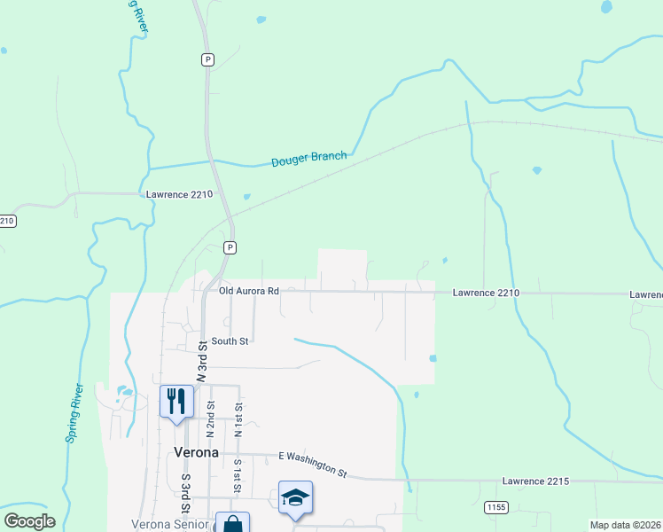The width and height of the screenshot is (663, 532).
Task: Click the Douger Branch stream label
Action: pyautogui.click(x=308, y=159)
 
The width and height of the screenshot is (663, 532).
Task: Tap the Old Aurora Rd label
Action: pyautogui.click(x=249, y=291)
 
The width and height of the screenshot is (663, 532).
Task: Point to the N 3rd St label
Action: pyautogui.click(x=202, y=361)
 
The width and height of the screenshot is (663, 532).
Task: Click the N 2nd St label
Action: pyautogui.click(x=211, y=419)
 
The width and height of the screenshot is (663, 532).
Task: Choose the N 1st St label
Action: pyautogui.click(x=238, y=419)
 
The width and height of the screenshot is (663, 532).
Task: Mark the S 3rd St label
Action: pyautogui.click(x=186, y=496)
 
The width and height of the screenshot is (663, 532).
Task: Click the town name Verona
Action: pyautogui.click(x=196, y=452)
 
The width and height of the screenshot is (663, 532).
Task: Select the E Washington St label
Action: pyautogui.click(x=312, y=462)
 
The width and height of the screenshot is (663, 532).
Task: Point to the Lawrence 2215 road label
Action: pyautogui.click(x=534, y=481)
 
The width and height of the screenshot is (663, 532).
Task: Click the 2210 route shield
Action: pyautogui.click(x=6, y=220)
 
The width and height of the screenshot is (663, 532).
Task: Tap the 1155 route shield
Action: pyautogui.click(x=496, y=506)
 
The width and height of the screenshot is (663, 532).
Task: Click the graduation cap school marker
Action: pyautogui.click(x=295, y=497)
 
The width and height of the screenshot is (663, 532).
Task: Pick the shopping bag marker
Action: pyautogui.click(x=232, y=524)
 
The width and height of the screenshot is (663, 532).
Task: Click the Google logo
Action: pyautogui.click(x=29, y=521)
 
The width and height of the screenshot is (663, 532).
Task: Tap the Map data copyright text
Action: pyautogui.click(x=626, y=525)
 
